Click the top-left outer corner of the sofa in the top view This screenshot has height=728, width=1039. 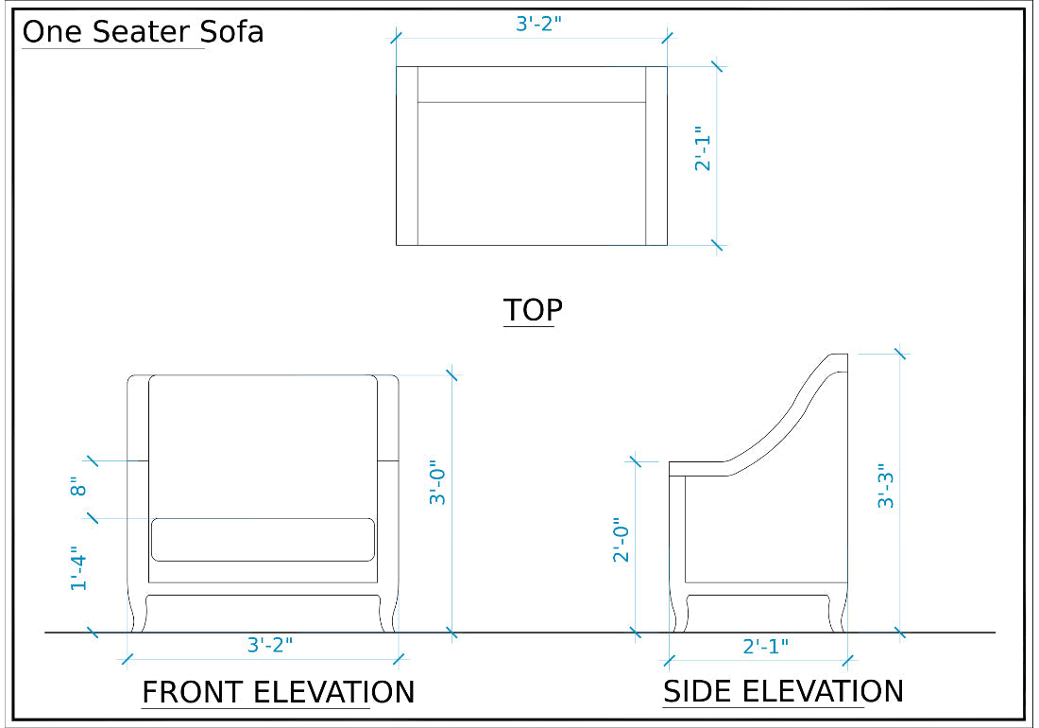397,66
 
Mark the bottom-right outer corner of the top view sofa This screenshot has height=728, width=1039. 667,245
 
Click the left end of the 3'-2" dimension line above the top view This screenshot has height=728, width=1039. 397,38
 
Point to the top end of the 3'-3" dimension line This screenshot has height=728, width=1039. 900,354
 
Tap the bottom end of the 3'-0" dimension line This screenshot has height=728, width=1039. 451,633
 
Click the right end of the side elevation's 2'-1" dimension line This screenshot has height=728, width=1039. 847,660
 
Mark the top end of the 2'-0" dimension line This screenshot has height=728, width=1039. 636,461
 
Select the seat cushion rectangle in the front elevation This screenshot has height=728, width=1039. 264,540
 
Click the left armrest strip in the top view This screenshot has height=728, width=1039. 407,156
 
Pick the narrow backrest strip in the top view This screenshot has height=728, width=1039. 532,84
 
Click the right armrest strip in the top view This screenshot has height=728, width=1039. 656,156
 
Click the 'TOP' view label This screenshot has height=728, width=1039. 533,310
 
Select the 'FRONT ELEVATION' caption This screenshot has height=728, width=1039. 279,692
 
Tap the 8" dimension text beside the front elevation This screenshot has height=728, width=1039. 78,487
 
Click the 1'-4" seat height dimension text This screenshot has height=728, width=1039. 78,568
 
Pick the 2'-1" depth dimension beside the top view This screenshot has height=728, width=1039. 703,148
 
